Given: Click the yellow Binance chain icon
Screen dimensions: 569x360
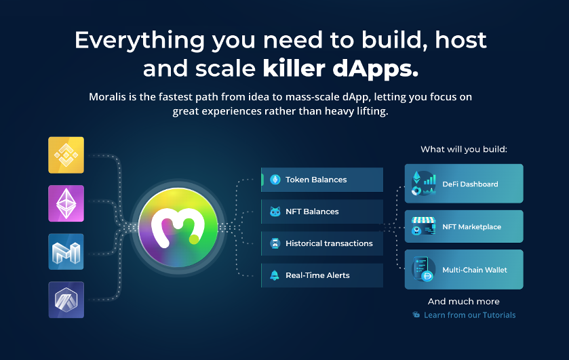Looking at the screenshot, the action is (x=66, y=155).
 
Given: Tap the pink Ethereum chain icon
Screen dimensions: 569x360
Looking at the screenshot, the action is (x=66, y=203).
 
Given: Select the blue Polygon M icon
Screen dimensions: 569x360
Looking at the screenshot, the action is (x=66, y=252).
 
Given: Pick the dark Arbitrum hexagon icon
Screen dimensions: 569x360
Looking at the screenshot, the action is (x=66, y=300).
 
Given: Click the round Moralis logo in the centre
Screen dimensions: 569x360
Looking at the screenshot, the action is (x=178, y=228).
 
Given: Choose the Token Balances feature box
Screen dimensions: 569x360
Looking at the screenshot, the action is (x=322, y=180).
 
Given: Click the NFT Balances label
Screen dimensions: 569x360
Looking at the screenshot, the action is (x=312, y=212).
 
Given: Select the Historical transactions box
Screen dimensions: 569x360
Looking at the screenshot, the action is (x=322, y=243).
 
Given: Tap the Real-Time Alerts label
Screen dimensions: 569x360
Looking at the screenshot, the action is (x=317, y=275).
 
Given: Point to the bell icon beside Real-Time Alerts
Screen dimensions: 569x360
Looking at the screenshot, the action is (x=275, y=275).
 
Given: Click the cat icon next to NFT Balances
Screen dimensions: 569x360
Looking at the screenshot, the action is (x=275, y=212).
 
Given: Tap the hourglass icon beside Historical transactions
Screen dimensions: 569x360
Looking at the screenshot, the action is (x=275, y=243).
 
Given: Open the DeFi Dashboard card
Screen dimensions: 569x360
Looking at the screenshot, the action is (x=464, y=184).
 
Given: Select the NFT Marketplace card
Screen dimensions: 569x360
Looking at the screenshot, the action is (x=464, y=226).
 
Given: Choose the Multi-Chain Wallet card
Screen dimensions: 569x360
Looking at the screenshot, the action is (x=464, y=269).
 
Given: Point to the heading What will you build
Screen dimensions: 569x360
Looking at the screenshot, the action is (x=464, y=149).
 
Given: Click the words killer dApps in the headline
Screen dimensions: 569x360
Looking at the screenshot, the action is (x=340, y=68).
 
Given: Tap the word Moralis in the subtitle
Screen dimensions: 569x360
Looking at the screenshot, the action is (x=107, y=97).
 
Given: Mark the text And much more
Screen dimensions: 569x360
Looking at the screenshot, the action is (x=464, y=301).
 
